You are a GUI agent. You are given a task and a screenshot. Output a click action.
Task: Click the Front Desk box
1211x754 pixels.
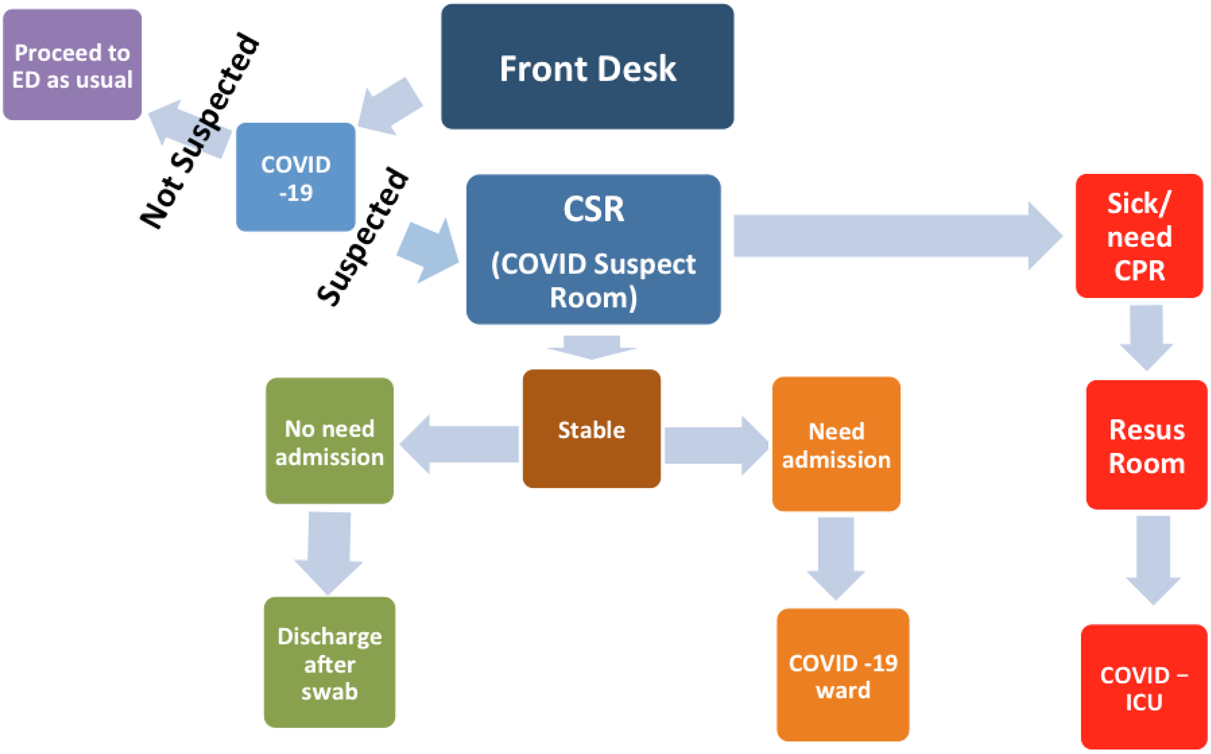tap(587, 67)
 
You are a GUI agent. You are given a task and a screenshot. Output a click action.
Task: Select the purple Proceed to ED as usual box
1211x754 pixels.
tap(72, 65)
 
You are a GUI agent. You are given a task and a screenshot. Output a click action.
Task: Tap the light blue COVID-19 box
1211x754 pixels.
tap(295, 177)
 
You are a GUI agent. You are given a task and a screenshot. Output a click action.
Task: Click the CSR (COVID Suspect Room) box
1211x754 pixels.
tap(593, 249)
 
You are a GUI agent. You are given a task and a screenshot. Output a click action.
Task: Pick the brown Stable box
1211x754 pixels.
tap(591, 429)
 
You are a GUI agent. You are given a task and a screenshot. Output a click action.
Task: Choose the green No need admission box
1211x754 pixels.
tap(330, 441)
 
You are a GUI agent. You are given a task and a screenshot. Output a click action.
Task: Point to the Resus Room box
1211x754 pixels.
tap(1146, 445)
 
